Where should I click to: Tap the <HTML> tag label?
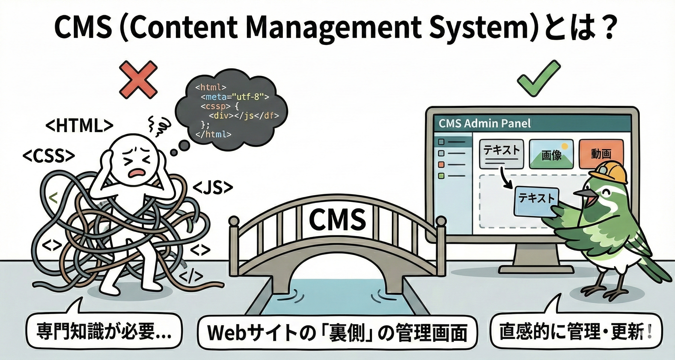79,126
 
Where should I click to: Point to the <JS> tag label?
213,188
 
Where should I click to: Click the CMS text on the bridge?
337,219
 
